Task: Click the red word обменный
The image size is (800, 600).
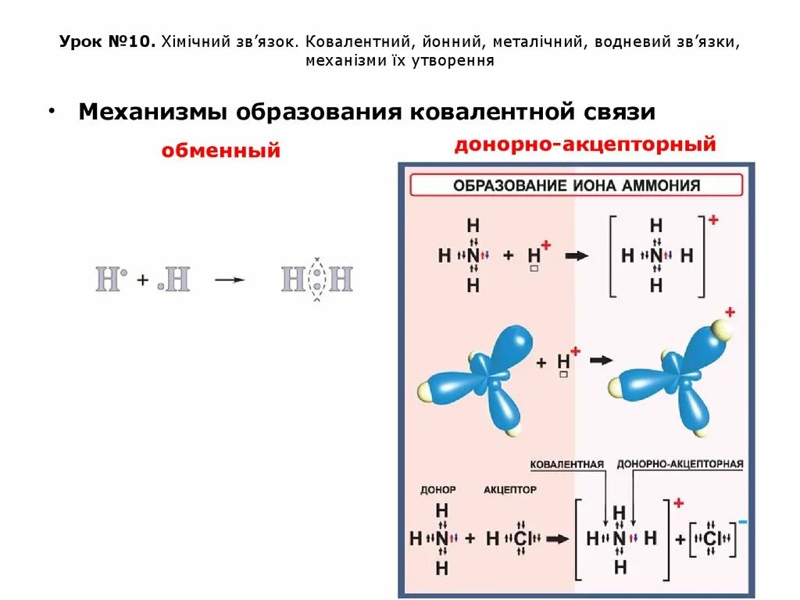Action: pyautogui.click(x=221, y=151)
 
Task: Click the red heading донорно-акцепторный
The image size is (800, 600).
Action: pyautogui.click(x=585, y=145)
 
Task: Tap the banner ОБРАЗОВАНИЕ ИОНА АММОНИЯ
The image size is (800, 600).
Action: pyautogui.click(x=577, y=186)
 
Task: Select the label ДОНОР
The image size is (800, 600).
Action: pyautogui.click(x=437, y=490)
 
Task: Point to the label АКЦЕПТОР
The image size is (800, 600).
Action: pyautogui.click(x=510, y=490)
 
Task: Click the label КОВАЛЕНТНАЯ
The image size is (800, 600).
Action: pyautogui.click(x=566, y=465)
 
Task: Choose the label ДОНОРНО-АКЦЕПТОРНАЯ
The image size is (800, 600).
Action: pyautogui.click(x=680, y=465)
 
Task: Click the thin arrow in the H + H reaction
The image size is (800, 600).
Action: pyautogui.click(x=230, y=280)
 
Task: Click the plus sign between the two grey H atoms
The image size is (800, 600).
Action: pyautogui.click(x=143, y=280)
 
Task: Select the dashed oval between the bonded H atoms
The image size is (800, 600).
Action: pyautogui.click(x=316, y=280)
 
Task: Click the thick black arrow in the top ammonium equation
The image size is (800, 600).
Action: pyautogui.click(x=577, y=255)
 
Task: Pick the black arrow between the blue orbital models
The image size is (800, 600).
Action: pyautogui.click(x=602, y=360)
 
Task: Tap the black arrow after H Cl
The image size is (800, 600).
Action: pyautogui.click(x=557, y=538)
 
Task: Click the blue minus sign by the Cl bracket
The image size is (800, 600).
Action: pyautogui.click(x=742, y=521)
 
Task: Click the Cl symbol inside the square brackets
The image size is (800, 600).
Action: pyautogui.click(x=711, y=538)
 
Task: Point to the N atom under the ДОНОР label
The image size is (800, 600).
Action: pyautogui.click(x=442, y=538)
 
